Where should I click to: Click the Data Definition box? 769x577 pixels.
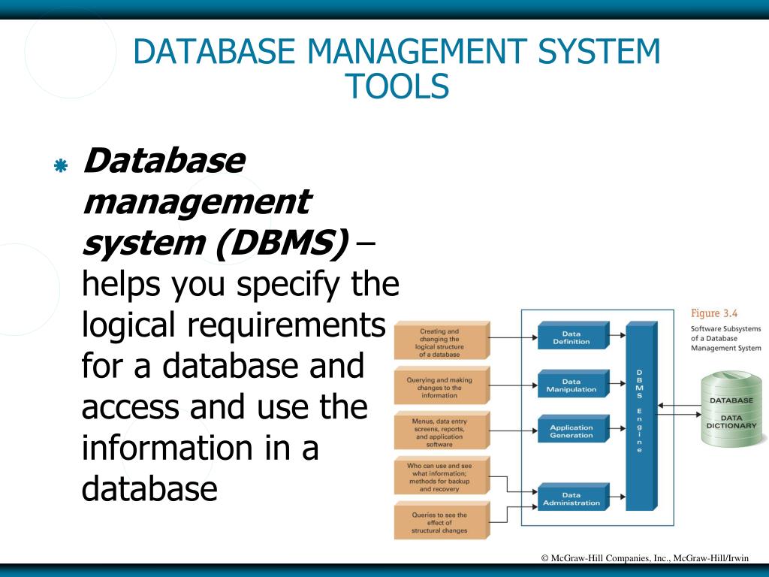[571, 338]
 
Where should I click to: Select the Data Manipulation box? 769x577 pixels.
[571, 385]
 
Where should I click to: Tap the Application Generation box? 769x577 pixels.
[571, 431]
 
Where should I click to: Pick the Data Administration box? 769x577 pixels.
[571, 499]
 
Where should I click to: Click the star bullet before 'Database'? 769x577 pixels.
[61, 166]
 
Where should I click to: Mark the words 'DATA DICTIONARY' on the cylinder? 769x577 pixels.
[731, 421]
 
